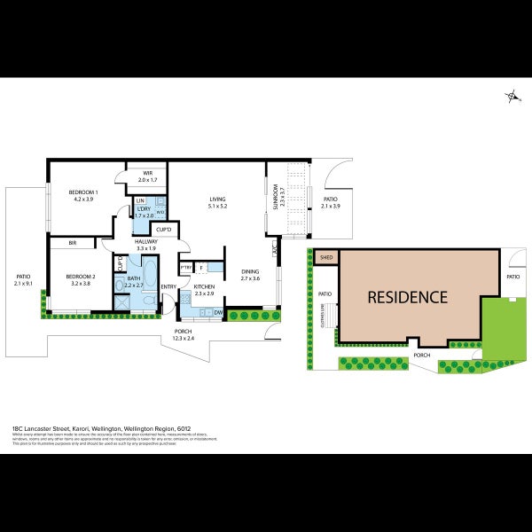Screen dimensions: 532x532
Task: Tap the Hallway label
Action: tap(145, 241)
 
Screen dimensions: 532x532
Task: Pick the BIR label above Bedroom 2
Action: tap(72, 242)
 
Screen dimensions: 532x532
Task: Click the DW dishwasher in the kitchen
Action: tap(217, 312)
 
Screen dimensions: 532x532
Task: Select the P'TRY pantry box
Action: tap(186, 267)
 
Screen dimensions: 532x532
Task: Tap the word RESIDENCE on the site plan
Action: tap(407, 297)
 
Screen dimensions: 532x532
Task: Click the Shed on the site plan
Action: tap(325, 258)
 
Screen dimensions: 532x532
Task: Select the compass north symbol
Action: tap(512, 97)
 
